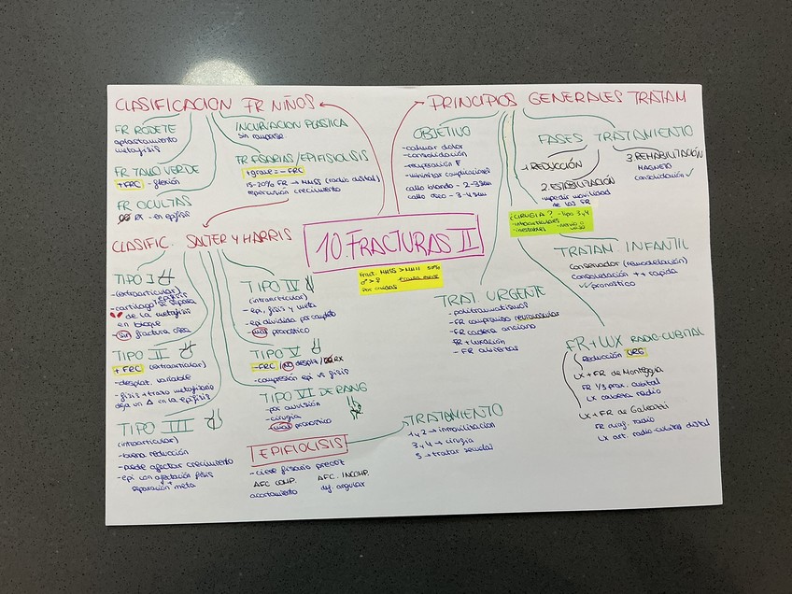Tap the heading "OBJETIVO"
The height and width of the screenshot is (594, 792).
point(442,132)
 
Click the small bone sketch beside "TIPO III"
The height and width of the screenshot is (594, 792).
point(216,423)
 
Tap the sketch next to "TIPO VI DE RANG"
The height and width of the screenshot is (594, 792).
point(353,403)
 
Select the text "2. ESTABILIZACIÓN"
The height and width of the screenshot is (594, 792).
point(579,184)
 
